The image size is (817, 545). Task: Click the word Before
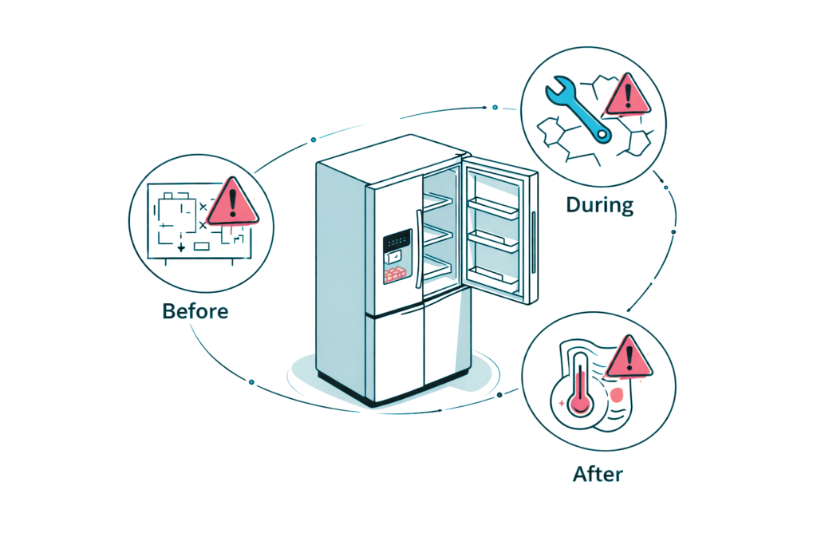point(195,310)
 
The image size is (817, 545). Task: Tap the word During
point(599,205)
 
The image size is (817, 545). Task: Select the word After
point(598,475)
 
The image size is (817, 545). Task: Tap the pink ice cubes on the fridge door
point(394,274)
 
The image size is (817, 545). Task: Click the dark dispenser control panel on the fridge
point(397,241)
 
